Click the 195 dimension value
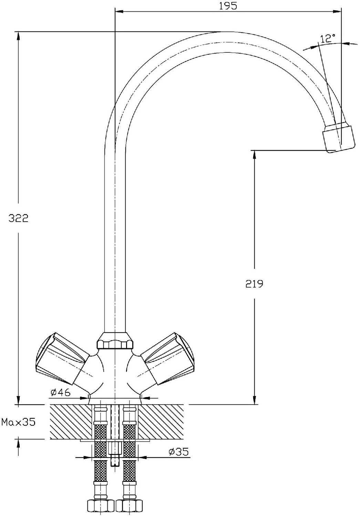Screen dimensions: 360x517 coord(228,6)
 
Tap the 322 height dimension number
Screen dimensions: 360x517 coord(19,218)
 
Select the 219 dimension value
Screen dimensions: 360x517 coord(254,284)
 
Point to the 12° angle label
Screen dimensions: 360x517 coord(328,38)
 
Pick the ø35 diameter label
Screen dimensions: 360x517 coord(178,452)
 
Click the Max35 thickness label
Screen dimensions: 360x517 coord(19,422)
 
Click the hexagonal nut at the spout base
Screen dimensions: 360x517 coord(115,341)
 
